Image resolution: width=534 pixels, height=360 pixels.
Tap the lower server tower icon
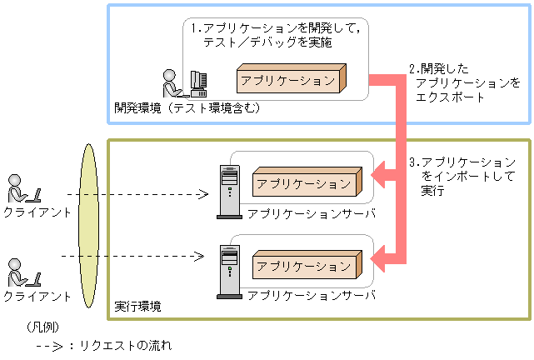(227, 272)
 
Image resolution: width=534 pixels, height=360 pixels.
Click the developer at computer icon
(182, 84)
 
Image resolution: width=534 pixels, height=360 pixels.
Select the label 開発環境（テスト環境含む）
(187, 107)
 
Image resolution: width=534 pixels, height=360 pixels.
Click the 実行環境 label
(137, 307)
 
